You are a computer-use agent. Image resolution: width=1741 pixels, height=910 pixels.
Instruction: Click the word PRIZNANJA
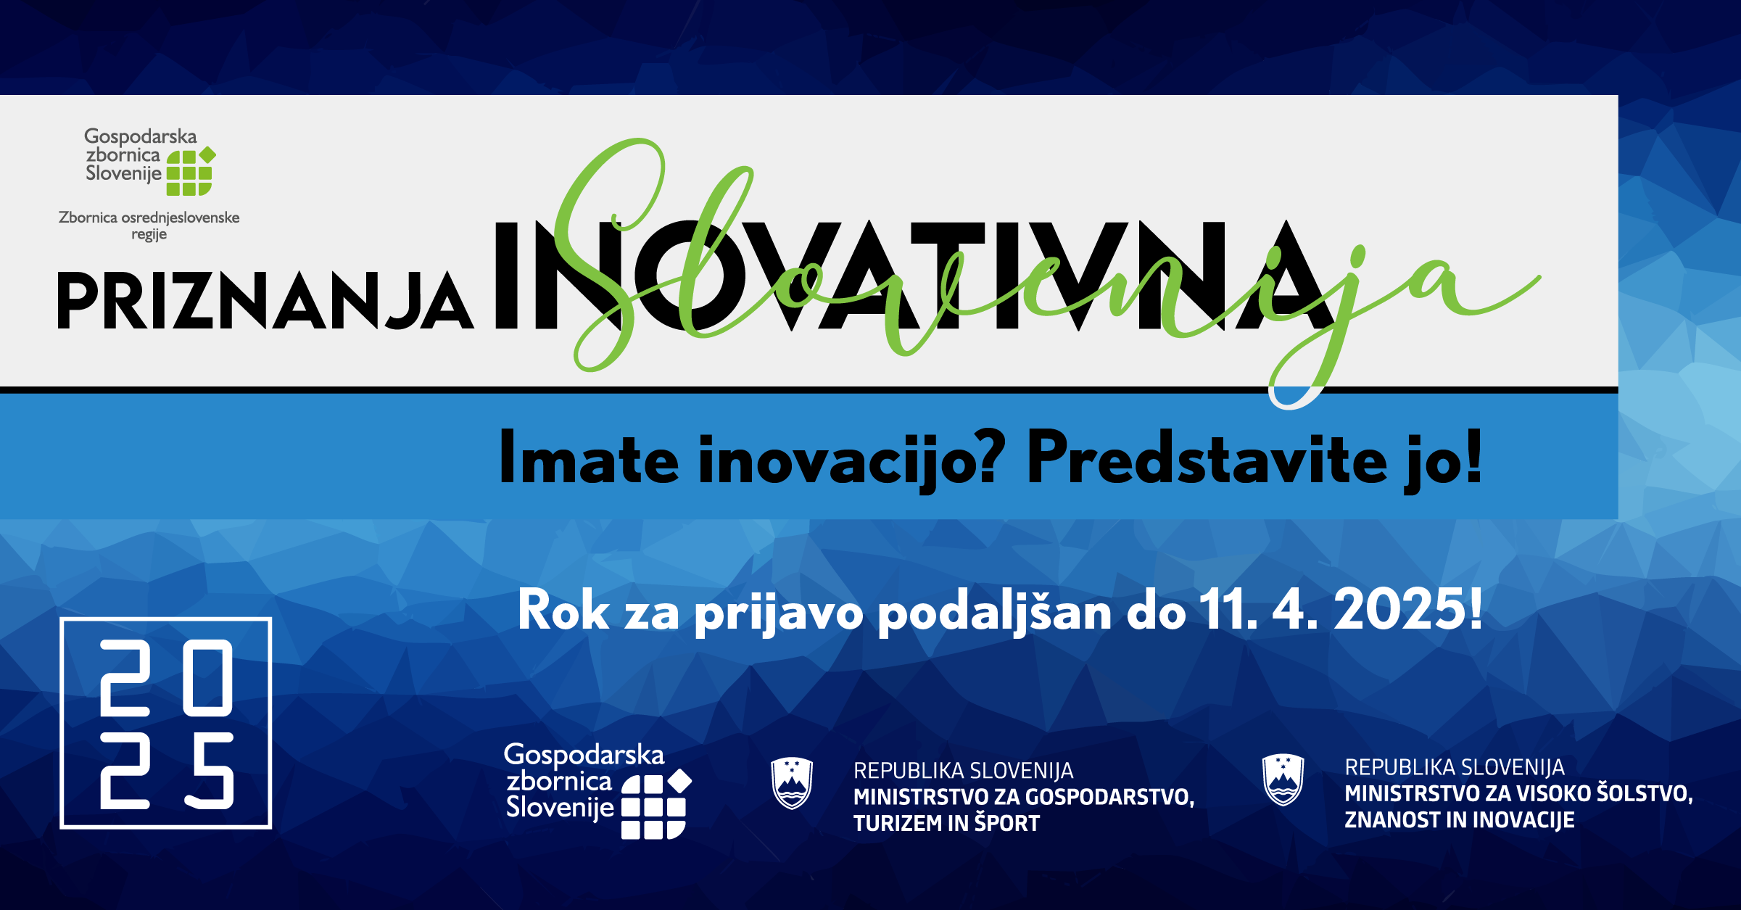point(265,302)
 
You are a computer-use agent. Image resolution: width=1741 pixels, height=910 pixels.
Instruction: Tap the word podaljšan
point(994,613)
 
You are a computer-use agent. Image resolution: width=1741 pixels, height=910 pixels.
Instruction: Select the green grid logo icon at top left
point(191,172)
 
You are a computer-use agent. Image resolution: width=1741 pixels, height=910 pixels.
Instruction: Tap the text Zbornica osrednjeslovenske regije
point(149,226)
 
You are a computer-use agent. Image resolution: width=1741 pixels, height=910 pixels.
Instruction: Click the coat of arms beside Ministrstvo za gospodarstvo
point(792,783)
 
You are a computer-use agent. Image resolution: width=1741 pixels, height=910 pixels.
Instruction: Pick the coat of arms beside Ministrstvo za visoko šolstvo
point(1283,780)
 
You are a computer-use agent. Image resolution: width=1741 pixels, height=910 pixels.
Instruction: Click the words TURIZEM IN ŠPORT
point(946,824)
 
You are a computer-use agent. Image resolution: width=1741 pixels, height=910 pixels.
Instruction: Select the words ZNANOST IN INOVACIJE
point(1460,820)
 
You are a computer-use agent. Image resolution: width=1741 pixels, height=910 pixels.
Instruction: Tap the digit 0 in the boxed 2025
point(208,678)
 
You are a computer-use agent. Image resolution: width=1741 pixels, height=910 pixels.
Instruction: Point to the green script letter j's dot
point(1358,253)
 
